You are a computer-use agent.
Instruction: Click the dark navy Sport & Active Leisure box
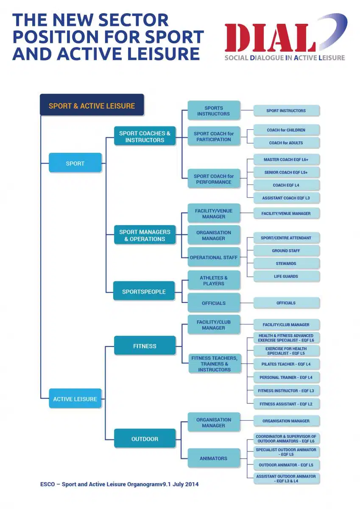(92, 105)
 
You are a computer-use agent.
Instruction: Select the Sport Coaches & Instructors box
(145, 136)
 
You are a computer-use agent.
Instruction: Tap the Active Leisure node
(75, 399)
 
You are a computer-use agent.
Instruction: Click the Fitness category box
(145, 346)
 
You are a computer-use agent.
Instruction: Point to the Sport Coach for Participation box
(214, 136)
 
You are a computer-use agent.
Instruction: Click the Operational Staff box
(214, 257)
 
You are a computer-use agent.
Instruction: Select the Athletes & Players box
(214, 280)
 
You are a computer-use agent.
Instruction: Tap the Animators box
(214, 458)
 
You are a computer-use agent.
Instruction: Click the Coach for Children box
(286, 130)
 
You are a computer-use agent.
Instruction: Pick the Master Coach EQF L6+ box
(286, 159)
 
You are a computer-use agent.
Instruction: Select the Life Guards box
(286, 276)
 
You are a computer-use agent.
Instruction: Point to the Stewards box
(286, 263)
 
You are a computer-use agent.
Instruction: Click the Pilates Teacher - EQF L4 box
(286, 364)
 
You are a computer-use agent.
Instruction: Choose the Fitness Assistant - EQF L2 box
(286, 404)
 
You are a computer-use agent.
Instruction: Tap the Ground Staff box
(286, 251)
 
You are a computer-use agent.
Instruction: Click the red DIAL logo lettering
(270, 38)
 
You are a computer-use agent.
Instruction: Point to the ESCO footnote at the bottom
(120, 484)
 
